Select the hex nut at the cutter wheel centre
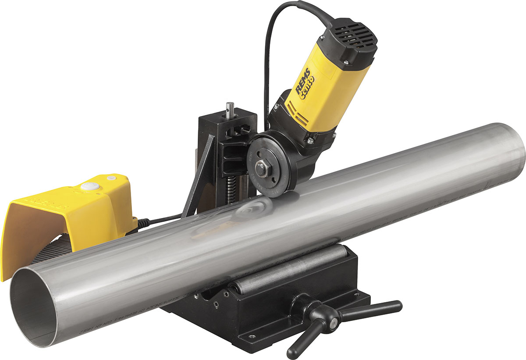coord(262,169)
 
